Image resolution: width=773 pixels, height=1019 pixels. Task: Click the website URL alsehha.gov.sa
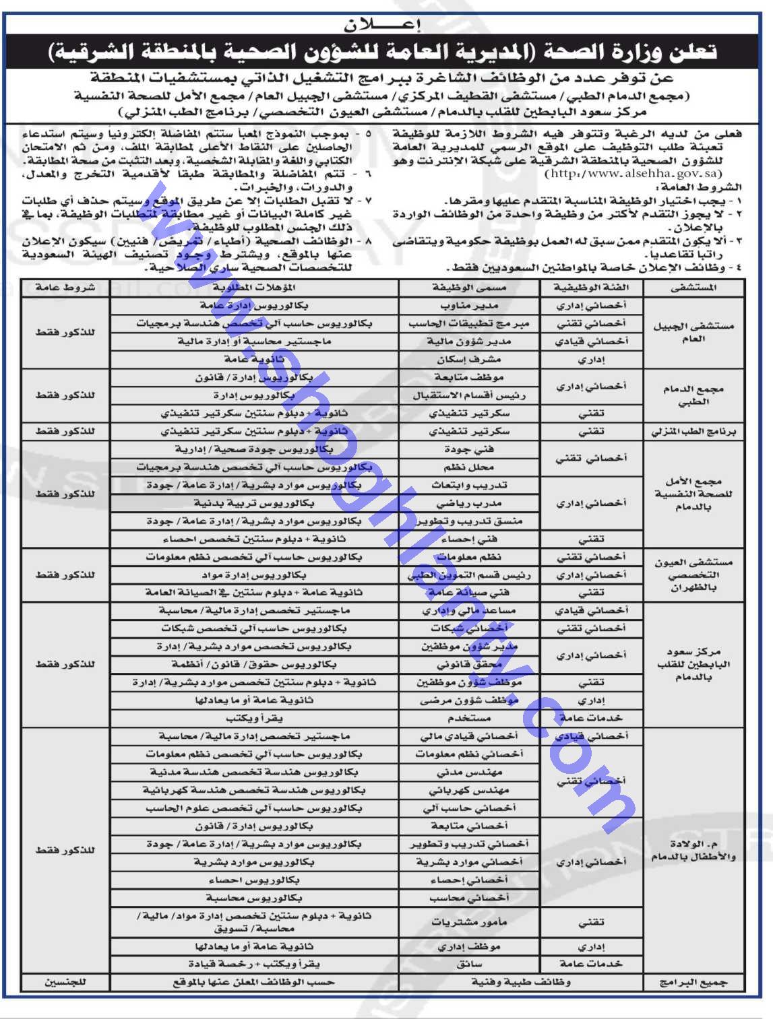[633, 174]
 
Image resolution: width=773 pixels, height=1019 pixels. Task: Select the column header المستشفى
[694, 288]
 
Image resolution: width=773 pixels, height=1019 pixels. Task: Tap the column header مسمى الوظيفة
[469, 288]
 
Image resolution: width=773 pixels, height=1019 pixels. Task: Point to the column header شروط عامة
[65, 288]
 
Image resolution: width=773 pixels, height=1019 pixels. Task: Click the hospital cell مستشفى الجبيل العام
[693, 332]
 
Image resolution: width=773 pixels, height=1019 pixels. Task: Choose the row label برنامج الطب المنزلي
[693, 432]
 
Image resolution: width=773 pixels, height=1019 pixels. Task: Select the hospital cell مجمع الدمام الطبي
[693, 395]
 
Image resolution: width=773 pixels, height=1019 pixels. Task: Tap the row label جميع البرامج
[693, 983]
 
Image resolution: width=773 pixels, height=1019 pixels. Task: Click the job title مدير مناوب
[469, 306]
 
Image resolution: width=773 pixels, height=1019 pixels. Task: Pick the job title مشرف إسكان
[469, 360]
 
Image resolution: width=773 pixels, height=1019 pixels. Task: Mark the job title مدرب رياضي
[469, 503]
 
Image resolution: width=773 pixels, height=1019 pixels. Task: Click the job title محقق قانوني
[469, 665]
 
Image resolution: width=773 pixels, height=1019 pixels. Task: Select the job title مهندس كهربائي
[469, 790]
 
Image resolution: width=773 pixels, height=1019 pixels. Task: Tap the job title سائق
[469, 964]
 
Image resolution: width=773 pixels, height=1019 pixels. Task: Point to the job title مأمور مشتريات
[469, 922]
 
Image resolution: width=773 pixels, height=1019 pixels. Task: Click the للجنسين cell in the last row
[65, 983]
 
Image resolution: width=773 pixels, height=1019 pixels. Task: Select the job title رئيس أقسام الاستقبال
[469, 395]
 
